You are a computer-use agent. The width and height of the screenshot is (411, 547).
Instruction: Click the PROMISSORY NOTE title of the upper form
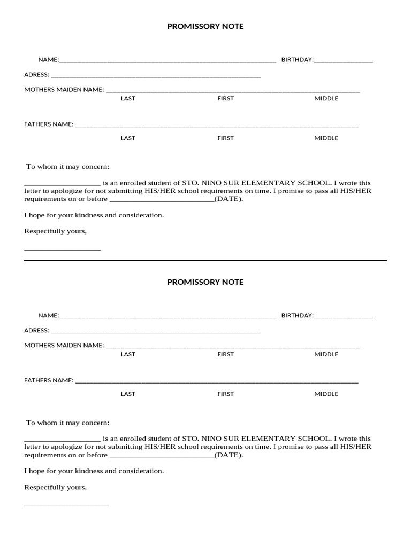pos(205,26)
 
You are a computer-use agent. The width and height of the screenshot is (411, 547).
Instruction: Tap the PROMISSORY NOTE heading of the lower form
pos(205,282)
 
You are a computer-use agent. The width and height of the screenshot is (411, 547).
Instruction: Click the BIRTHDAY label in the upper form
pos(297,60)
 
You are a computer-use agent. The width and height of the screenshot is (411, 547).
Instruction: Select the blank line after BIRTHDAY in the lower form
pos(343,317)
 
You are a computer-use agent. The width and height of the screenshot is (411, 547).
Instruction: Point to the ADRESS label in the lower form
pos(36,331)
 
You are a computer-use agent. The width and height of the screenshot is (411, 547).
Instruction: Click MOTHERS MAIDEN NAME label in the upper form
pos(64,90)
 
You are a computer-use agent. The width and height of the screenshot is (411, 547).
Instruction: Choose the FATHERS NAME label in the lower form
pos(48,380)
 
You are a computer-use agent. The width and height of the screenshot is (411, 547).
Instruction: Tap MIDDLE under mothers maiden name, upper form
pos(326,99)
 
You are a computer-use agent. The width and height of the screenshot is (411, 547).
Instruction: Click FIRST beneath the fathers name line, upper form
pos(225,138)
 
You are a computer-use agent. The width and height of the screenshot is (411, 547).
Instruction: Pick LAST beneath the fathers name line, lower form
pos(128,394)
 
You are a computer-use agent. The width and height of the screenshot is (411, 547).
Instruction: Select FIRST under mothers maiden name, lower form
pos(225,354)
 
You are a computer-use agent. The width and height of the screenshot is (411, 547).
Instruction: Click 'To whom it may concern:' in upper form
pos(68,167)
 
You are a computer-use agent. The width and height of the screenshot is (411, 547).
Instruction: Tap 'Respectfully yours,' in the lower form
pos(55,488)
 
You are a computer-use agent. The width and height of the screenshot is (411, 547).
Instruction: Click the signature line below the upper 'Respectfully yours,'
pos(62,250)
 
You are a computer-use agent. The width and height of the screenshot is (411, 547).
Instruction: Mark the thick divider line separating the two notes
pos(205,261)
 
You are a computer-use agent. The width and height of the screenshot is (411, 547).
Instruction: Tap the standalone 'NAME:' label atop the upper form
pos(48,60)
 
